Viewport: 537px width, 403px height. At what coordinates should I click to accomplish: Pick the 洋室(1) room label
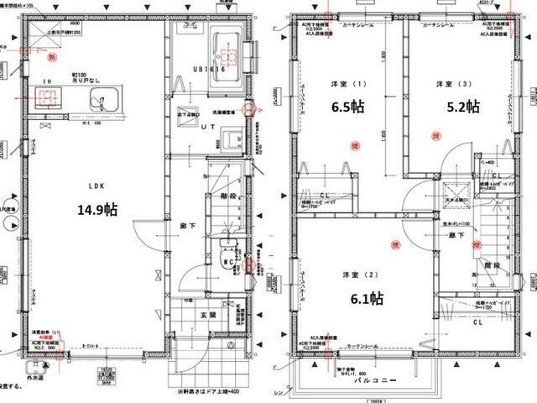point(340,84)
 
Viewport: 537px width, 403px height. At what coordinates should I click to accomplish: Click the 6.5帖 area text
point(346,107)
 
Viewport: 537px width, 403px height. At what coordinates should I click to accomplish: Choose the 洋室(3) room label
point(446,84)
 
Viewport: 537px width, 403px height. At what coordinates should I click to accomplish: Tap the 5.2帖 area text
point(462,107)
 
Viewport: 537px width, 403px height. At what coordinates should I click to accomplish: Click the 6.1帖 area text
point(366,298)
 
